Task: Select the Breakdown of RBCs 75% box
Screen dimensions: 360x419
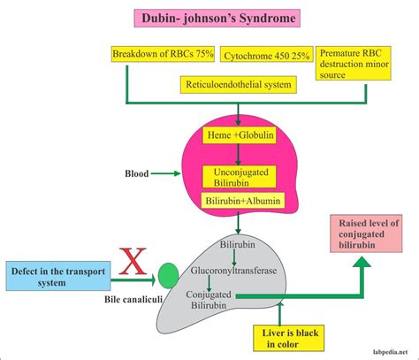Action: (162, 55)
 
